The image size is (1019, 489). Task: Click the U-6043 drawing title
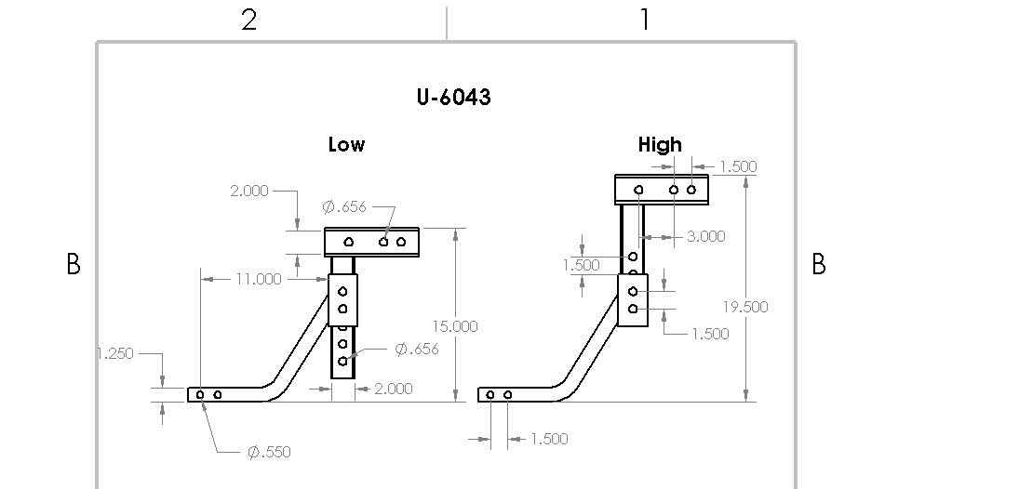point(453,98)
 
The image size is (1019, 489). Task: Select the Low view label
point(346,145)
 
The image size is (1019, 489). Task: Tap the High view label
point(660,145)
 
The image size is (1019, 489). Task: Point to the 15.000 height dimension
point(454,326)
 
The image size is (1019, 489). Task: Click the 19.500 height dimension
point(745,307)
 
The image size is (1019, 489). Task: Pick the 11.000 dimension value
point(258,278)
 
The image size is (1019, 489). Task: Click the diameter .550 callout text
point(269,453)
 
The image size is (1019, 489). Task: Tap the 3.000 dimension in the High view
point(705,236)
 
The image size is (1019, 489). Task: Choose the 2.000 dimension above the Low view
point(248,191)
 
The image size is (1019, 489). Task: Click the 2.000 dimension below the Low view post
point(393,389)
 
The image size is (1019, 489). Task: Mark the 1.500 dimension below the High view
point(548,439)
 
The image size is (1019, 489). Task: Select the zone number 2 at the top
point(248,20)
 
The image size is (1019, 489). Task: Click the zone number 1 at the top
point(645,20)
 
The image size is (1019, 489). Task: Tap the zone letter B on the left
point(74,265)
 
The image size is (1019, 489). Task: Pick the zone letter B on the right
point(819,265)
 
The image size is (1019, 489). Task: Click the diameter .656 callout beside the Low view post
point(417,350)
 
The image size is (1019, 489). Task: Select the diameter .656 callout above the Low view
point(344,206)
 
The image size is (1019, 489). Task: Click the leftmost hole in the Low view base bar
point(200,395)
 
